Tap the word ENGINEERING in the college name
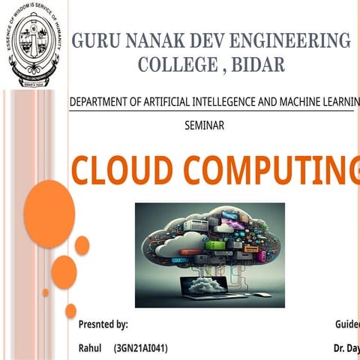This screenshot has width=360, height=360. pos(300,40)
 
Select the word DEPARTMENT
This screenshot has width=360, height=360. pos(98,102)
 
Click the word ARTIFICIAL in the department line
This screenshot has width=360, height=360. pos(163,102)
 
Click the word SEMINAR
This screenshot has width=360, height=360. pos(204,125)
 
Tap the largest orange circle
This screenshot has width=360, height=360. pos(49,214)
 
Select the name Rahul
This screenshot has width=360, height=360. pos(90,349)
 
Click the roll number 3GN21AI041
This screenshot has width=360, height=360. pos(140,349)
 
